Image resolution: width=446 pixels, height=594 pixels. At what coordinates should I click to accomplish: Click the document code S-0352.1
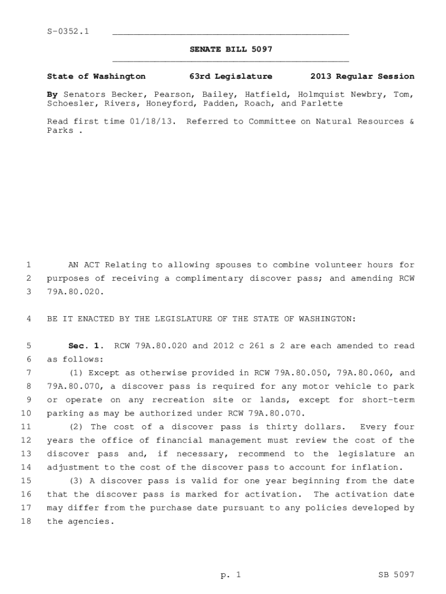tap(68, 31)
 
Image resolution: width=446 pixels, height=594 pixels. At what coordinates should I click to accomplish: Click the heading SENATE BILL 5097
tap(231, 49)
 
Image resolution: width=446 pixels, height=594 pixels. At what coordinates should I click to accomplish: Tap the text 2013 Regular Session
tap(362, 76)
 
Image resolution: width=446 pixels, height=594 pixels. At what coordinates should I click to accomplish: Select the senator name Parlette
tap(321, 103)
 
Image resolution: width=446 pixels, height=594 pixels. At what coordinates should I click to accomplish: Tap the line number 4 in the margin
tap(28, 319)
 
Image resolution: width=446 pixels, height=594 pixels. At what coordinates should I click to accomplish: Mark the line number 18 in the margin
tap(25, 521)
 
